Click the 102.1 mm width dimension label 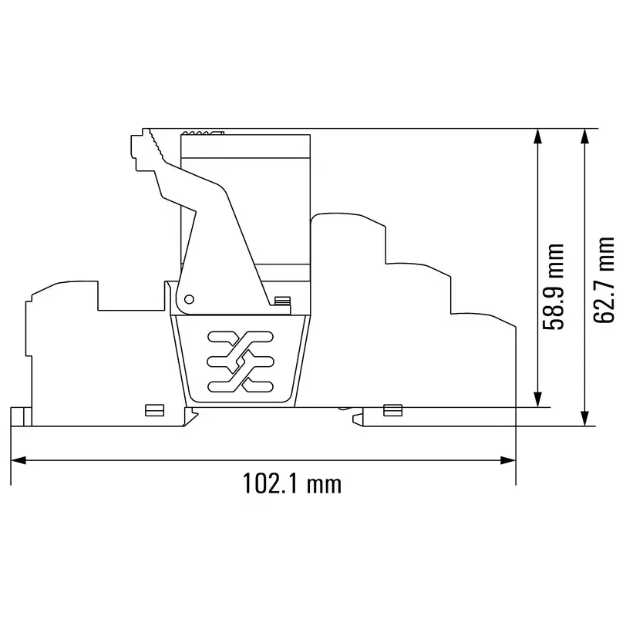point(292,484)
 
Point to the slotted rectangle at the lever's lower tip point(282,301)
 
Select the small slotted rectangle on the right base point(392,409)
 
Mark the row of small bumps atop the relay point(203,133)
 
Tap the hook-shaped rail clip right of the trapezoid point(359,416)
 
